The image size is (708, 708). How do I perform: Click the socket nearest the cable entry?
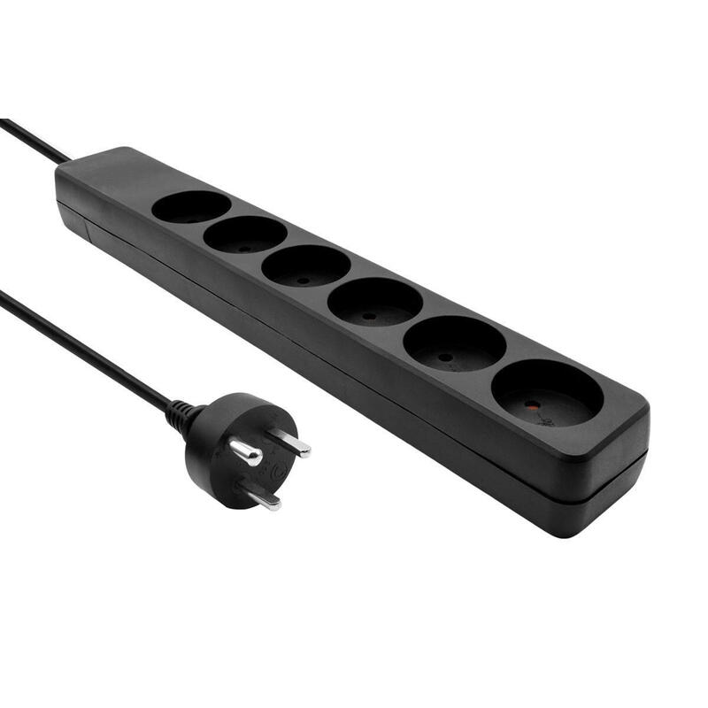pos(190,207)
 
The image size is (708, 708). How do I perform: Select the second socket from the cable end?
pos(244,235)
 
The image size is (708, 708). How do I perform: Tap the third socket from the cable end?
pos(305,265)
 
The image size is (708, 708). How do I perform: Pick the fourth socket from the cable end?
pos(374,302)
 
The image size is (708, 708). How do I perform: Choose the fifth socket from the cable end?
pos(454,343)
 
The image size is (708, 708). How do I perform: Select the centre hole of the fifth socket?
pos(446,358)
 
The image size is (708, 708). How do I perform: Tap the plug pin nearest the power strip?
pos(290,443)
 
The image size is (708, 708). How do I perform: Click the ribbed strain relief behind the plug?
pos(181,413)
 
